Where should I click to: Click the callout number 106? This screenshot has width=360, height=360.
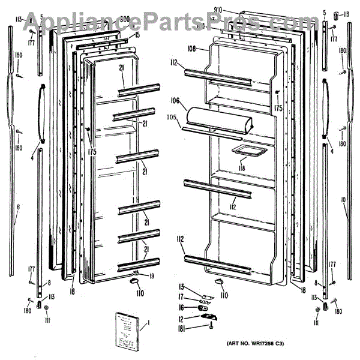tap(175, 100)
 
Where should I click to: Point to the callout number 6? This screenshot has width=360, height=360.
tap(18, 207)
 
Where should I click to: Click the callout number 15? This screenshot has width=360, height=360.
tap(137, 35)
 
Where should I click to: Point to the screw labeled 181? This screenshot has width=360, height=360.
tap(212, 327)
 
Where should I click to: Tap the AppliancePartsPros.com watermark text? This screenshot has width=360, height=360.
tap(180, 23)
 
